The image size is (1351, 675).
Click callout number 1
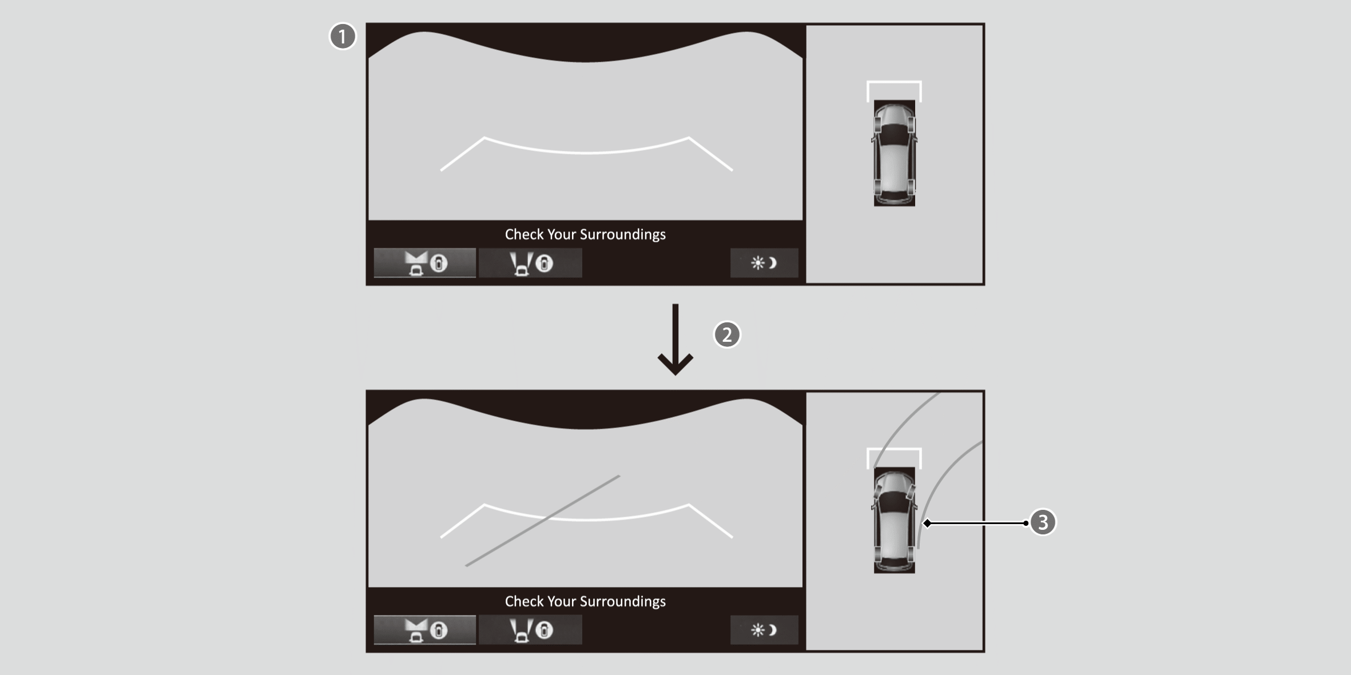[x=343, y=37]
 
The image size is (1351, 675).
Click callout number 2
[x=727, y=334]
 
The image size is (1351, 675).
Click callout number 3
[x=1043, y=522]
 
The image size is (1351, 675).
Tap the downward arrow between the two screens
[x=675, y=340]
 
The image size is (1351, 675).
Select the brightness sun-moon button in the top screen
[x=764, y=263]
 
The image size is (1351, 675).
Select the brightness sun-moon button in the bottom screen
[x=764, y=630]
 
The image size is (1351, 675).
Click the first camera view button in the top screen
[x=424, y=263]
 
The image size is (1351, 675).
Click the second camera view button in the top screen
[x=530, y=263]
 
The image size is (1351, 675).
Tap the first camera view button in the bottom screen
[x=424, y=630]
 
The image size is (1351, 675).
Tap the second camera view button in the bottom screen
[x=530, y=630]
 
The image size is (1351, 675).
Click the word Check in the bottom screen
[x=524, y=601]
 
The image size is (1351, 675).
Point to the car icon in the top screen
[x=895, y=153]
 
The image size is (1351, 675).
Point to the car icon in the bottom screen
[x=895, y=520]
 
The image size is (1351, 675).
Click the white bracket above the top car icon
[x=894, y=82]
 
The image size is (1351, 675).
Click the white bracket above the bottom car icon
[x=894, y=449]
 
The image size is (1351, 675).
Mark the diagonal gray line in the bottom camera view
[x=542, y=521]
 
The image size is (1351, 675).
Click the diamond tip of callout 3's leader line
[x=927, y=523]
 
